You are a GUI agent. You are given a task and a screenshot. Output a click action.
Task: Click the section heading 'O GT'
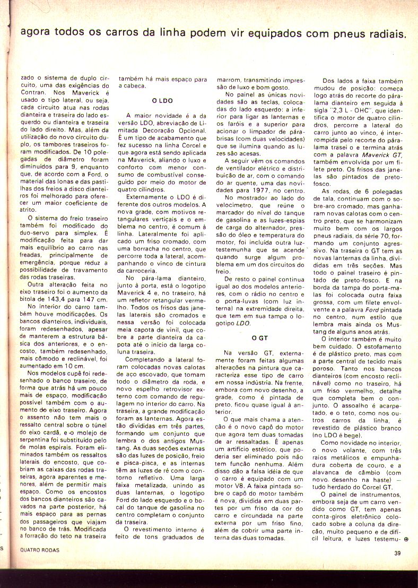(260, 338)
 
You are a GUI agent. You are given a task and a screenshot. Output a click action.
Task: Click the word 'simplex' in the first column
(88, 232)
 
